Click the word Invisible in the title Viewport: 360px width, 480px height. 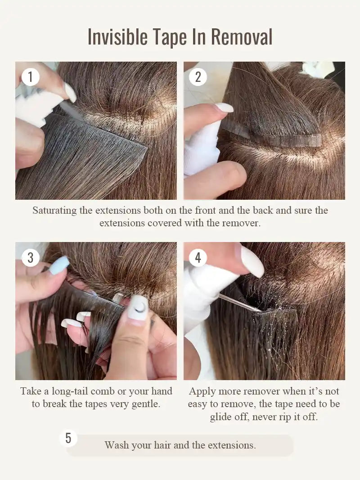tap(117, 37)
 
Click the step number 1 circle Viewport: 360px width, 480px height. tap(30, 77)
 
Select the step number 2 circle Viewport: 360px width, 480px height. tap(198, 77)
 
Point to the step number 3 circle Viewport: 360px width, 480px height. tap(30, 257)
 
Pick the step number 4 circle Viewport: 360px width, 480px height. tap(198, 257)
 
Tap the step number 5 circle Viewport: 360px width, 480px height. tap(68, 438)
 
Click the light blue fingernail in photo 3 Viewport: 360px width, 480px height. tap(59, 265)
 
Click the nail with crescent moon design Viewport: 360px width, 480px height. tap(138, 308)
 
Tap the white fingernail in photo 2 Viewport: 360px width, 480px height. tap(224, 108)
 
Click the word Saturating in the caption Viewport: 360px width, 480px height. tap(54, 211)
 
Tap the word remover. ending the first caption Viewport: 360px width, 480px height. tap(243, 223)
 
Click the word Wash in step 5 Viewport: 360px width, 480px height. tap(116, 445)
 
